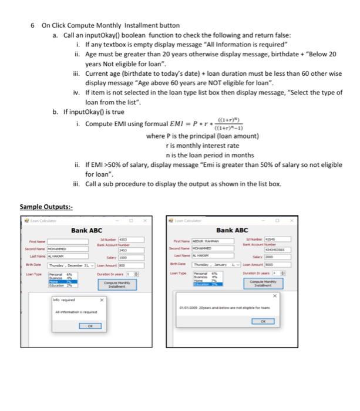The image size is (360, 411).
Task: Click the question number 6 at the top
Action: pyautogui.click(x=33, y=26)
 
